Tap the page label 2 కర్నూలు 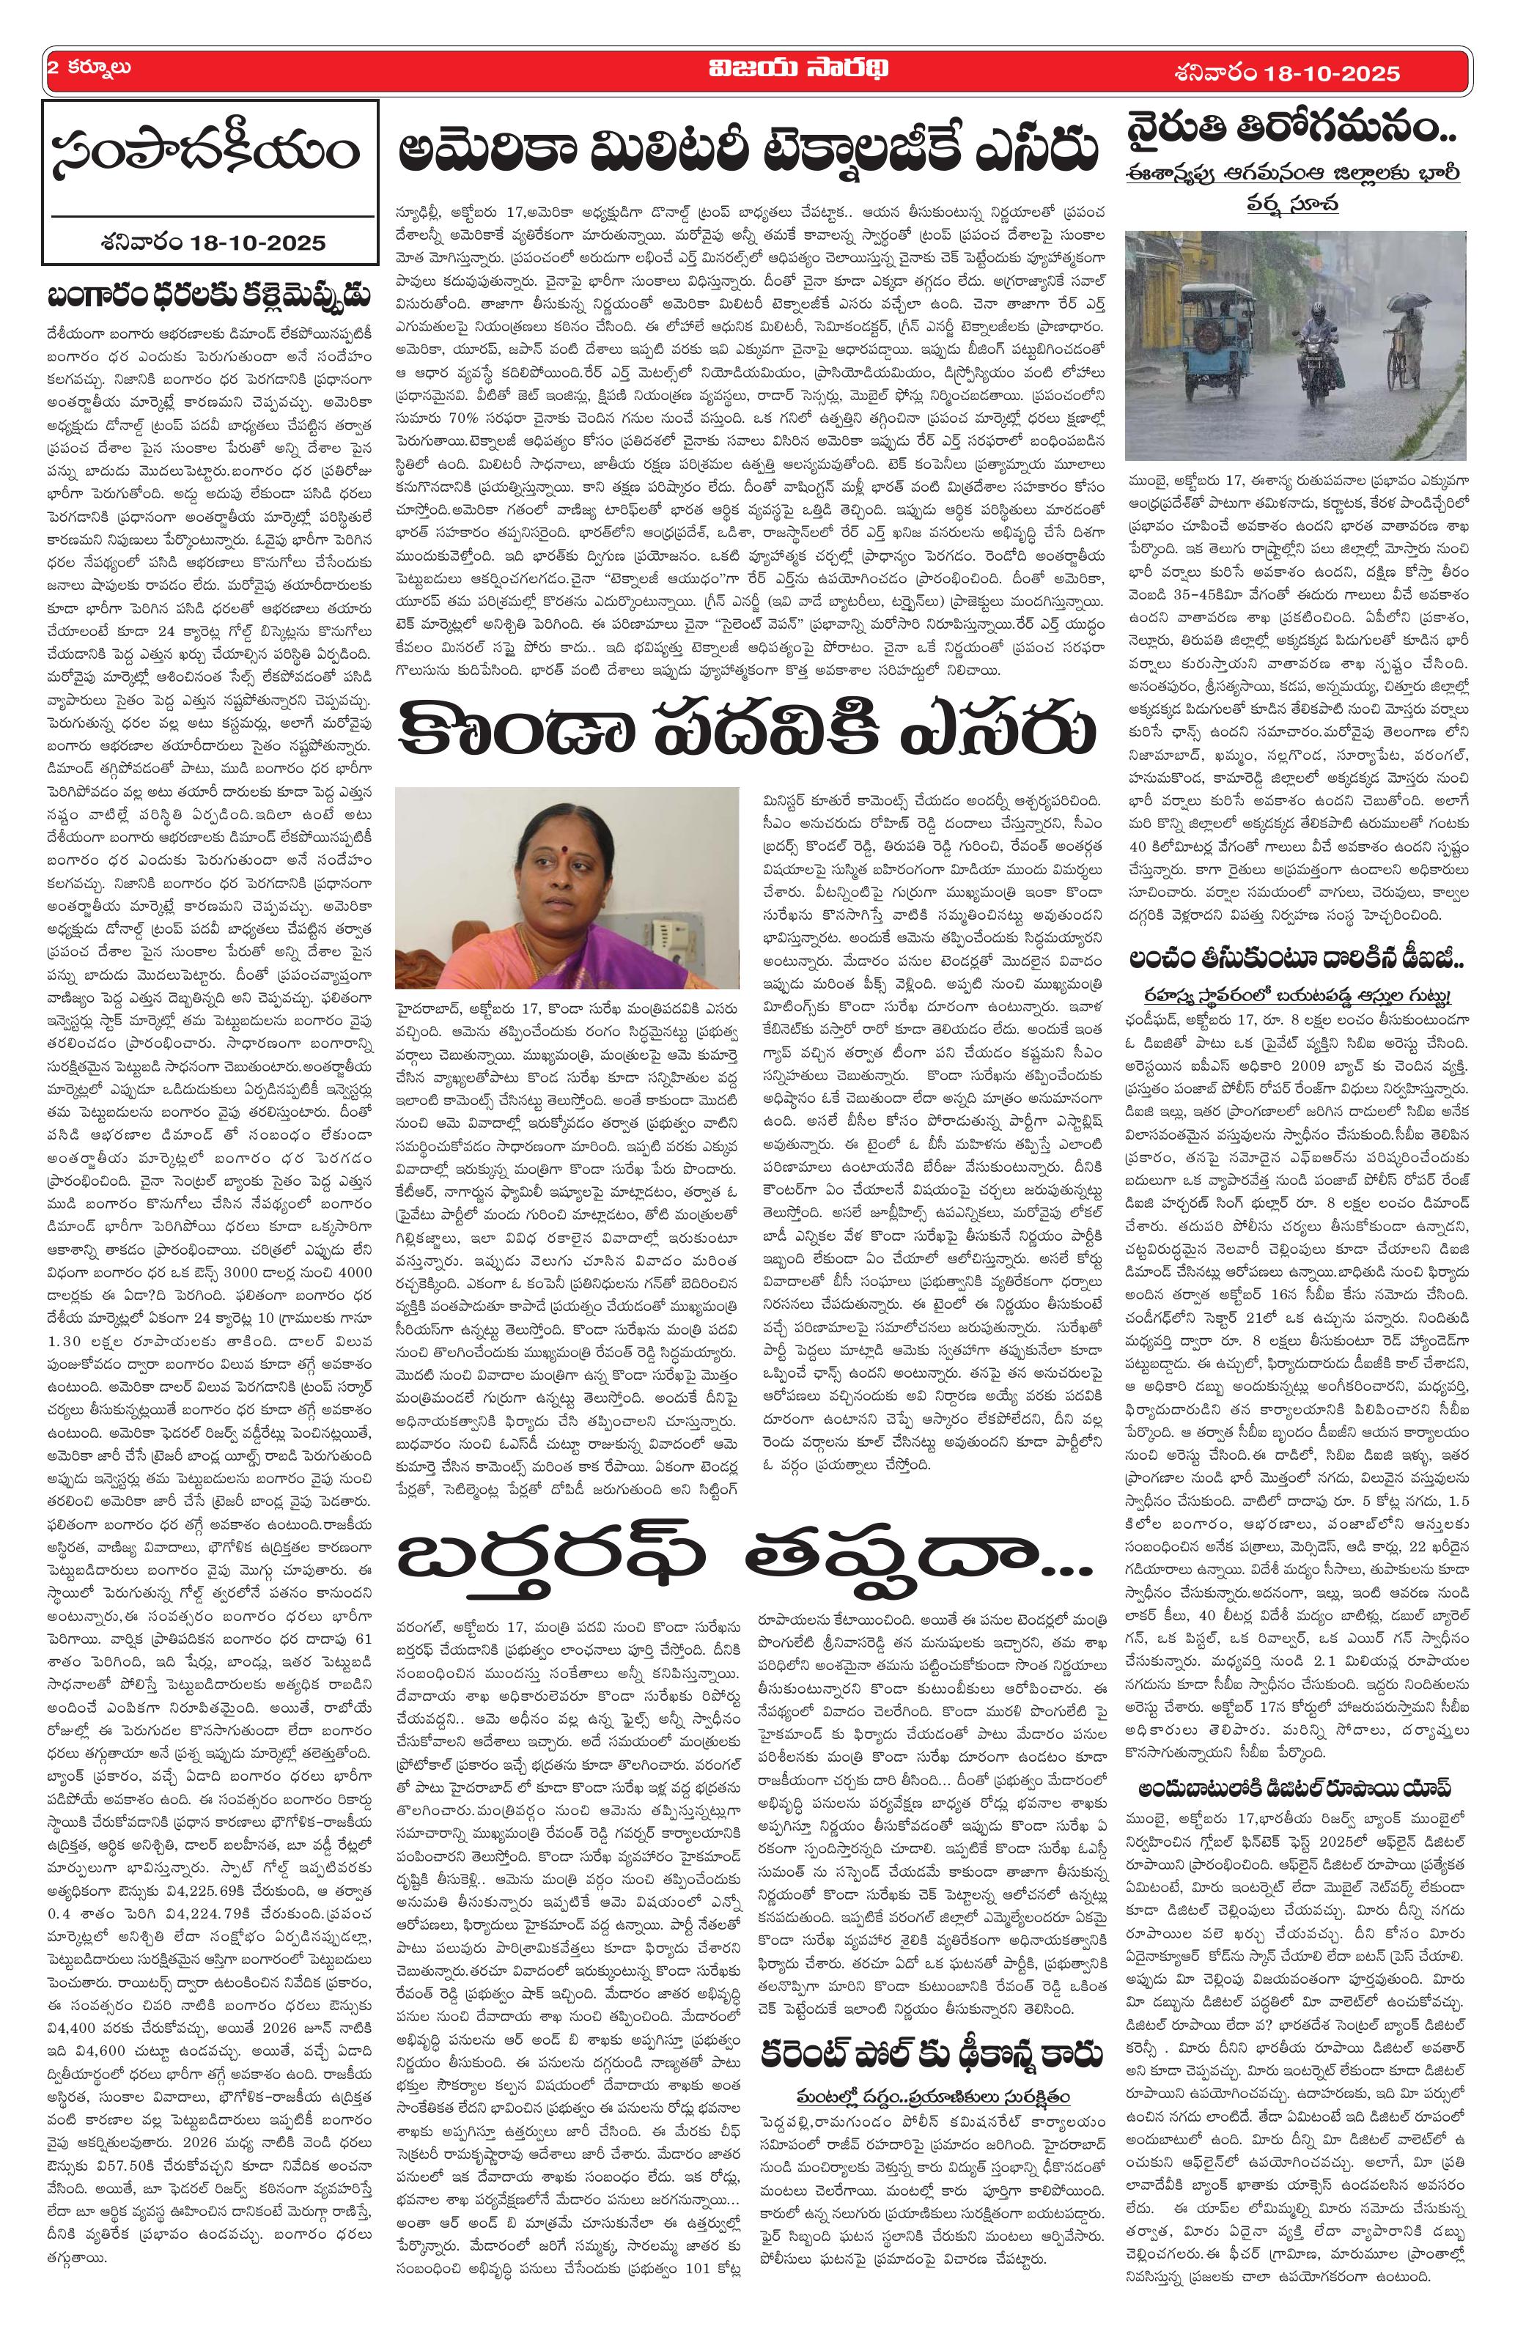pyautogui.click(x=89, y=69)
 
